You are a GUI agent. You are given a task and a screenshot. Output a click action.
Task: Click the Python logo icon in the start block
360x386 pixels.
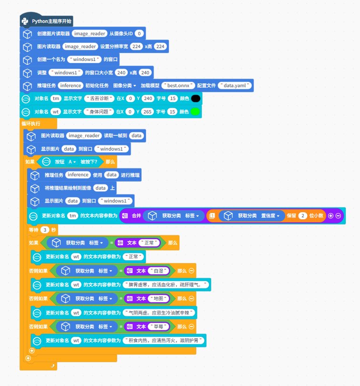click(x=25, y=21)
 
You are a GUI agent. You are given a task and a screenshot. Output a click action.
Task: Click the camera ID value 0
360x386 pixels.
click(x=139, y=34)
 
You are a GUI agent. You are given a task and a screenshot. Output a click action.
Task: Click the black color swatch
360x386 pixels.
click(x=195, y=99)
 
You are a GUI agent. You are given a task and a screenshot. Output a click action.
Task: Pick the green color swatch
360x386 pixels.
click(x=195, y=112)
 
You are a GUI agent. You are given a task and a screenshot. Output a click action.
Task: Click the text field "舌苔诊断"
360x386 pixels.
click(x=99, y=99)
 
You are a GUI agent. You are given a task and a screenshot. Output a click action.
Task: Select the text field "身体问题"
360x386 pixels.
click(x=99, y=112)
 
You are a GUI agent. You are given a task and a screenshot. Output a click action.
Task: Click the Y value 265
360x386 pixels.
click(x=147, y=112)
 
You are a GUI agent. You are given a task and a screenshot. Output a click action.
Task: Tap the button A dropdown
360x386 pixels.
click(x=72, y=162)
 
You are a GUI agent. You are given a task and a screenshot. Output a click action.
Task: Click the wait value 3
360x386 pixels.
click(x=45, y=229)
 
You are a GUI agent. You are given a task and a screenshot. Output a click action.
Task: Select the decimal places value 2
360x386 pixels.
click(x=303, y=216)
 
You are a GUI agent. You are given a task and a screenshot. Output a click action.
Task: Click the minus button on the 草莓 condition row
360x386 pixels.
click(x=192, y=326)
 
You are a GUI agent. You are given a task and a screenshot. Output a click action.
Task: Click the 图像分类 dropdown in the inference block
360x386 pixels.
click(x=124, y=86)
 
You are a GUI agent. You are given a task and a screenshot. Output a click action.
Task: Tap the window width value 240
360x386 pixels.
click(x=122, y=73)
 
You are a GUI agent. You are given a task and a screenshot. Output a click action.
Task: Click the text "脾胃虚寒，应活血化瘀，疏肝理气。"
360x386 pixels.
click(x=166, y=285)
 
